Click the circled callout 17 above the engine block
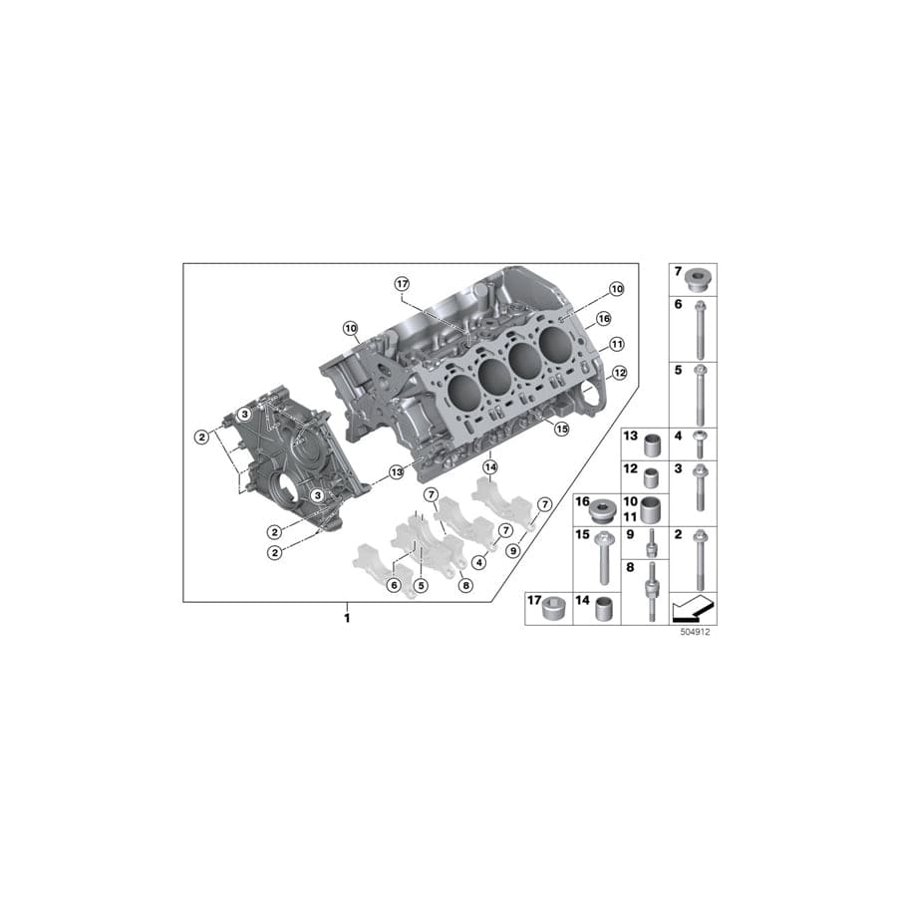click(x=402, y=284)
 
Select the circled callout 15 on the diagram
click(x=561, y=429)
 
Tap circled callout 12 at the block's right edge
click(x=619, y=373)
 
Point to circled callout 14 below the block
click(x=490, y=466)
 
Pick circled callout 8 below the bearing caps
click(x=465, y=587)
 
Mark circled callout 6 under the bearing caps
click(x=394, y=585)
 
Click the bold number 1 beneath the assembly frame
click(x=347, y=619)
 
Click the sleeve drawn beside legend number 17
click(x=550, y=609)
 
